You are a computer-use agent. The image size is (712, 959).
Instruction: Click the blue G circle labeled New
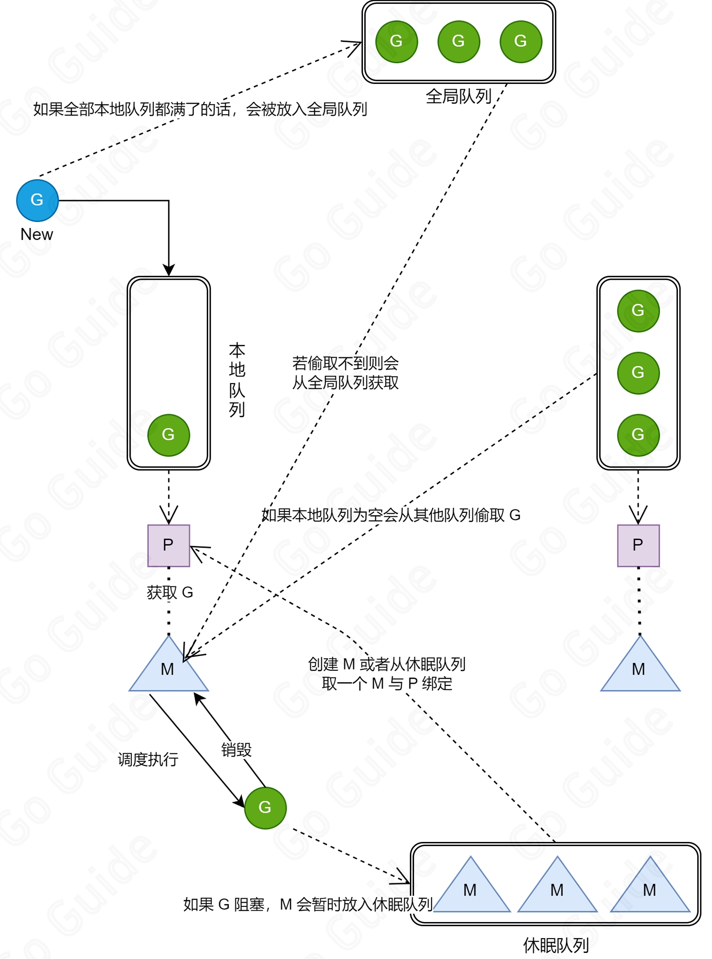[37, 200]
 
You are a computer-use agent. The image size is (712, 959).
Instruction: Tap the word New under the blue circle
[37, 234]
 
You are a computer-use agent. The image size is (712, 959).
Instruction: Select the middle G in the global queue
[458, 41]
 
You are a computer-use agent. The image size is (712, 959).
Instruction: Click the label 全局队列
[458, 96]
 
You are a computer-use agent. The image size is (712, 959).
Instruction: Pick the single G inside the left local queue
[168, 435]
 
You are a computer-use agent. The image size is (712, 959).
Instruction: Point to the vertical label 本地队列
[237, 380]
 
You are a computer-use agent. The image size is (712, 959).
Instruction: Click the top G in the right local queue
[638, 311]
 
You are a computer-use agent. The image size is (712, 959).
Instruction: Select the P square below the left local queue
[168, 545]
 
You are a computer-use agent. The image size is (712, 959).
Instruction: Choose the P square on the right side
[638, 545]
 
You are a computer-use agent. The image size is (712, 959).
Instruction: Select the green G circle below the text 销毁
[265, 807]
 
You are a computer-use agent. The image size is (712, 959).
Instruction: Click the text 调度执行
[148, 759]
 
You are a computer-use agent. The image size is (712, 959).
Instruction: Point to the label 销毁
[236, 750]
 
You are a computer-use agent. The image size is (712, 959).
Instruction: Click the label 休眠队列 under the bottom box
[556, 945]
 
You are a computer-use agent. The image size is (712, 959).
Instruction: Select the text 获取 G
[170, 592]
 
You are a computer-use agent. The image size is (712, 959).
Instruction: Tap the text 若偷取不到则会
[345, 363]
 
